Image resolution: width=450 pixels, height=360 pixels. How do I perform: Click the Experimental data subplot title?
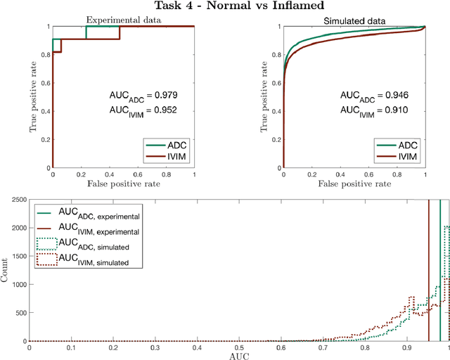tap(123, 21)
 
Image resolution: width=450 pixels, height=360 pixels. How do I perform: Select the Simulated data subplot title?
tap(354, 21)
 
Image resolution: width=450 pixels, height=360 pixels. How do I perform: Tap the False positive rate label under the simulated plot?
tap(354, 184)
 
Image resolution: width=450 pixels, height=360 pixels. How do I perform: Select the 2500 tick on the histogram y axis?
tap(18, 201)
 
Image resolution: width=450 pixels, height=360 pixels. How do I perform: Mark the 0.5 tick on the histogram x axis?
tap(240, 347)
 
